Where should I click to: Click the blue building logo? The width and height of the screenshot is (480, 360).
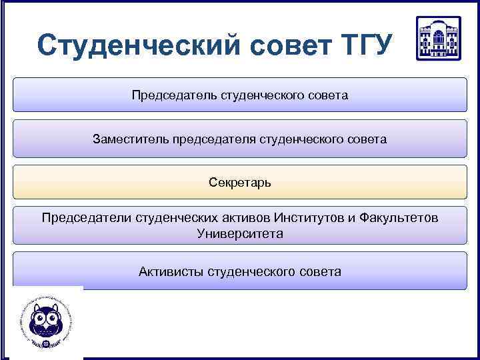[x=438, y=39]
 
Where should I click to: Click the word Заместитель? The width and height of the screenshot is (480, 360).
[x=131, y=139]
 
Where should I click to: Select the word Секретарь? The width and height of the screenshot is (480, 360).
[x=240, y=182]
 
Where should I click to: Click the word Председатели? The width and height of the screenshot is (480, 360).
[x=87, y=218]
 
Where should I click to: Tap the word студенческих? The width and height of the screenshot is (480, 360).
[x=176, y=218]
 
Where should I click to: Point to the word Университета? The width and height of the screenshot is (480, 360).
[x=240, y=234]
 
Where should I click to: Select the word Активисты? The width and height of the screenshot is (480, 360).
[x=171, y=271]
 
